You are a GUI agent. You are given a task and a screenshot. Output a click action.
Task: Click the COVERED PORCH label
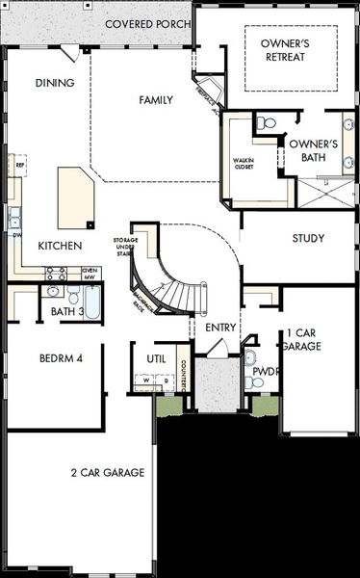tap(147, 23)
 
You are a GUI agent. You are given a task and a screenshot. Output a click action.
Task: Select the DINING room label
tap(55, 83)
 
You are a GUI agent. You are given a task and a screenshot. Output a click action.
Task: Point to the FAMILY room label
tap(155, 100)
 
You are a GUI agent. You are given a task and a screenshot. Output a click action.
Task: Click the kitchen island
tap(75, 197)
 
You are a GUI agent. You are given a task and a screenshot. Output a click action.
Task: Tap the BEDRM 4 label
tap(61, 358)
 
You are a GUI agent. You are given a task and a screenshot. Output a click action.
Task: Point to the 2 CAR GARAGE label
tap(107, 472)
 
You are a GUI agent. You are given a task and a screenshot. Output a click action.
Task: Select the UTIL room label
tap(156, 358)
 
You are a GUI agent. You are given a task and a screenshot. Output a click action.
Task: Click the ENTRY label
tap(220, 328)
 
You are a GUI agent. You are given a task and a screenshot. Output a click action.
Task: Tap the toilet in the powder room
tap(250, 357)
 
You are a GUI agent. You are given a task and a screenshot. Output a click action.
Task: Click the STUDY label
tap(308, 239)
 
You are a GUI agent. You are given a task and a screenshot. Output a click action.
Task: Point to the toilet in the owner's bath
tap(267, 123)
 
